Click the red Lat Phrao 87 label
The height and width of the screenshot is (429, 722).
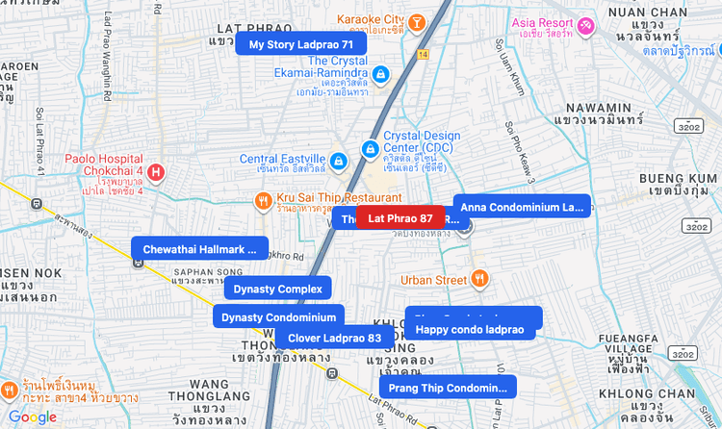click(400, 218)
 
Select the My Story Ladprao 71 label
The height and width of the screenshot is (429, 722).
click(300, 44)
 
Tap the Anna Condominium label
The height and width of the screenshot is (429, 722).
click(522, 207)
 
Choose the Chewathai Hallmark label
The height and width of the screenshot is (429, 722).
click(199, 249)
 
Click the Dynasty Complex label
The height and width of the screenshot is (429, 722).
click(277, 289)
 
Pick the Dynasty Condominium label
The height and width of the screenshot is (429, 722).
click(278, 316)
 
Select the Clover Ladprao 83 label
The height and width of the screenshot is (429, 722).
click(334, 338)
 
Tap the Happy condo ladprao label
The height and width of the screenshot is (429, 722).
click(470, 330)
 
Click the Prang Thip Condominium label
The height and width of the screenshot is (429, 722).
click(448, 388)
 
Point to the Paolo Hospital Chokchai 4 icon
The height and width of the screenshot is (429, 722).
click(155, 172)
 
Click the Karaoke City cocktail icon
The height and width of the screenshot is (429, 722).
click(416, 21)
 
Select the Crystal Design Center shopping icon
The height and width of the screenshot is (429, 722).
click(370, 149)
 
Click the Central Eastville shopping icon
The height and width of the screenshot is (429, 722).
click(338, 161)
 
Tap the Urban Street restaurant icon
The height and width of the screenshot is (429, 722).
click(480, 280)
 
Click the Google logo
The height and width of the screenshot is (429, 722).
click(33, 416)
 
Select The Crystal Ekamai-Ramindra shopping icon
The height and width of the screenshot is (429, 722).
click(380, 73)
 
